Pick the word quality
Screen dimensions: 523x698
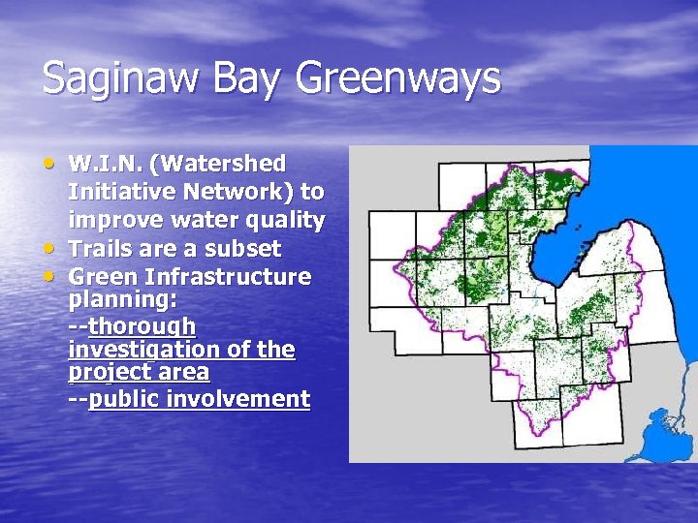(283, 219)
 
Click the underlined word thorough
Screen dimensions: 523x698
(142, 325)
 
